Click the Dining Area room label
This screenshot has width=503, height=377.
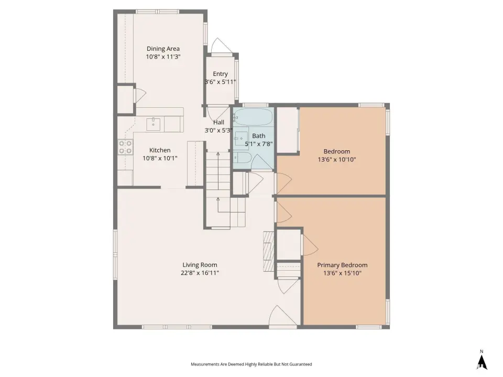pyautogui.click(x=163, y=49)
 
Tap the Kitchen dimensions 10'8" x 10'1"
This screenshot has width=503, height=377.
pyautogui.click(x=160, y=158)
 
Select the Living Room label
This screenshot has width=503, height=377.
pyautogui.click(x=200, y=265)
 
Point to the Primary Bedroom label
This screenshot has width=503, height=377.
pyautogui.click(x=342, y=265)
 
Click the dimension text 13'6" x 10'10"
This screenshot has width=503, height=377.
pyautogui.click(x=337, y=159)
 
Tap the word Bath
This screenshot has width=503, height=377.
pyautogui.click(x=258, y=136)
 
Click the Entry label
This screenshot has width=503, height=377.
pyautogui.click(x=220, y=74)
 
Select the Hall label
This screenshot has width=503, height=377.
pyautogui.click(x=218, y=122)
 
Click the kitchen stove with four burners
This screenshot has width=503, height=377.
pyautogui.click(x=125, y=147)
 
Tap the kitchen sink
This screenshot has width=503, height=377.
pyautogui.click(x=154, y=125)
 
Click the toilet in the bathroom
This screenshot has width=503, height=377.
pyautogui.click(x=243, y=157)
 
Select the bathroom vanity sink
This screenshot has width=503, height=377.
pyautogui.click(x=241, y=138)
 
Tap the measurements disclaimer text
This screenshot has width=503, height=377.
pyautogui.click(x=251, y=364)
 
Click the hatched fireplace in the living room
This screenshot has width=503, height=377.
pyautogui.click(x=268, y=251)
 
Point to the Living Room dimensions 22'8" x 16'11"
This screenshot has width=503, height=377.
pyautogui.click(x=200, y=273)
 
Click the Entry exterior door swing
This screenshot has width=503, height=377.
pyautogui.click(x=221, y=46)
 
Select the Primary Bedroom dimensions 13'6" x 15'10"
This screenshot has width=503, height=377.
pyautogui.click(x=342, y=273)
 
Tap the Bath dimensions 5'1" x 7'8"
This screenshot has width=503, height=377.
pyautogui.click(x=258, y=144)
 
